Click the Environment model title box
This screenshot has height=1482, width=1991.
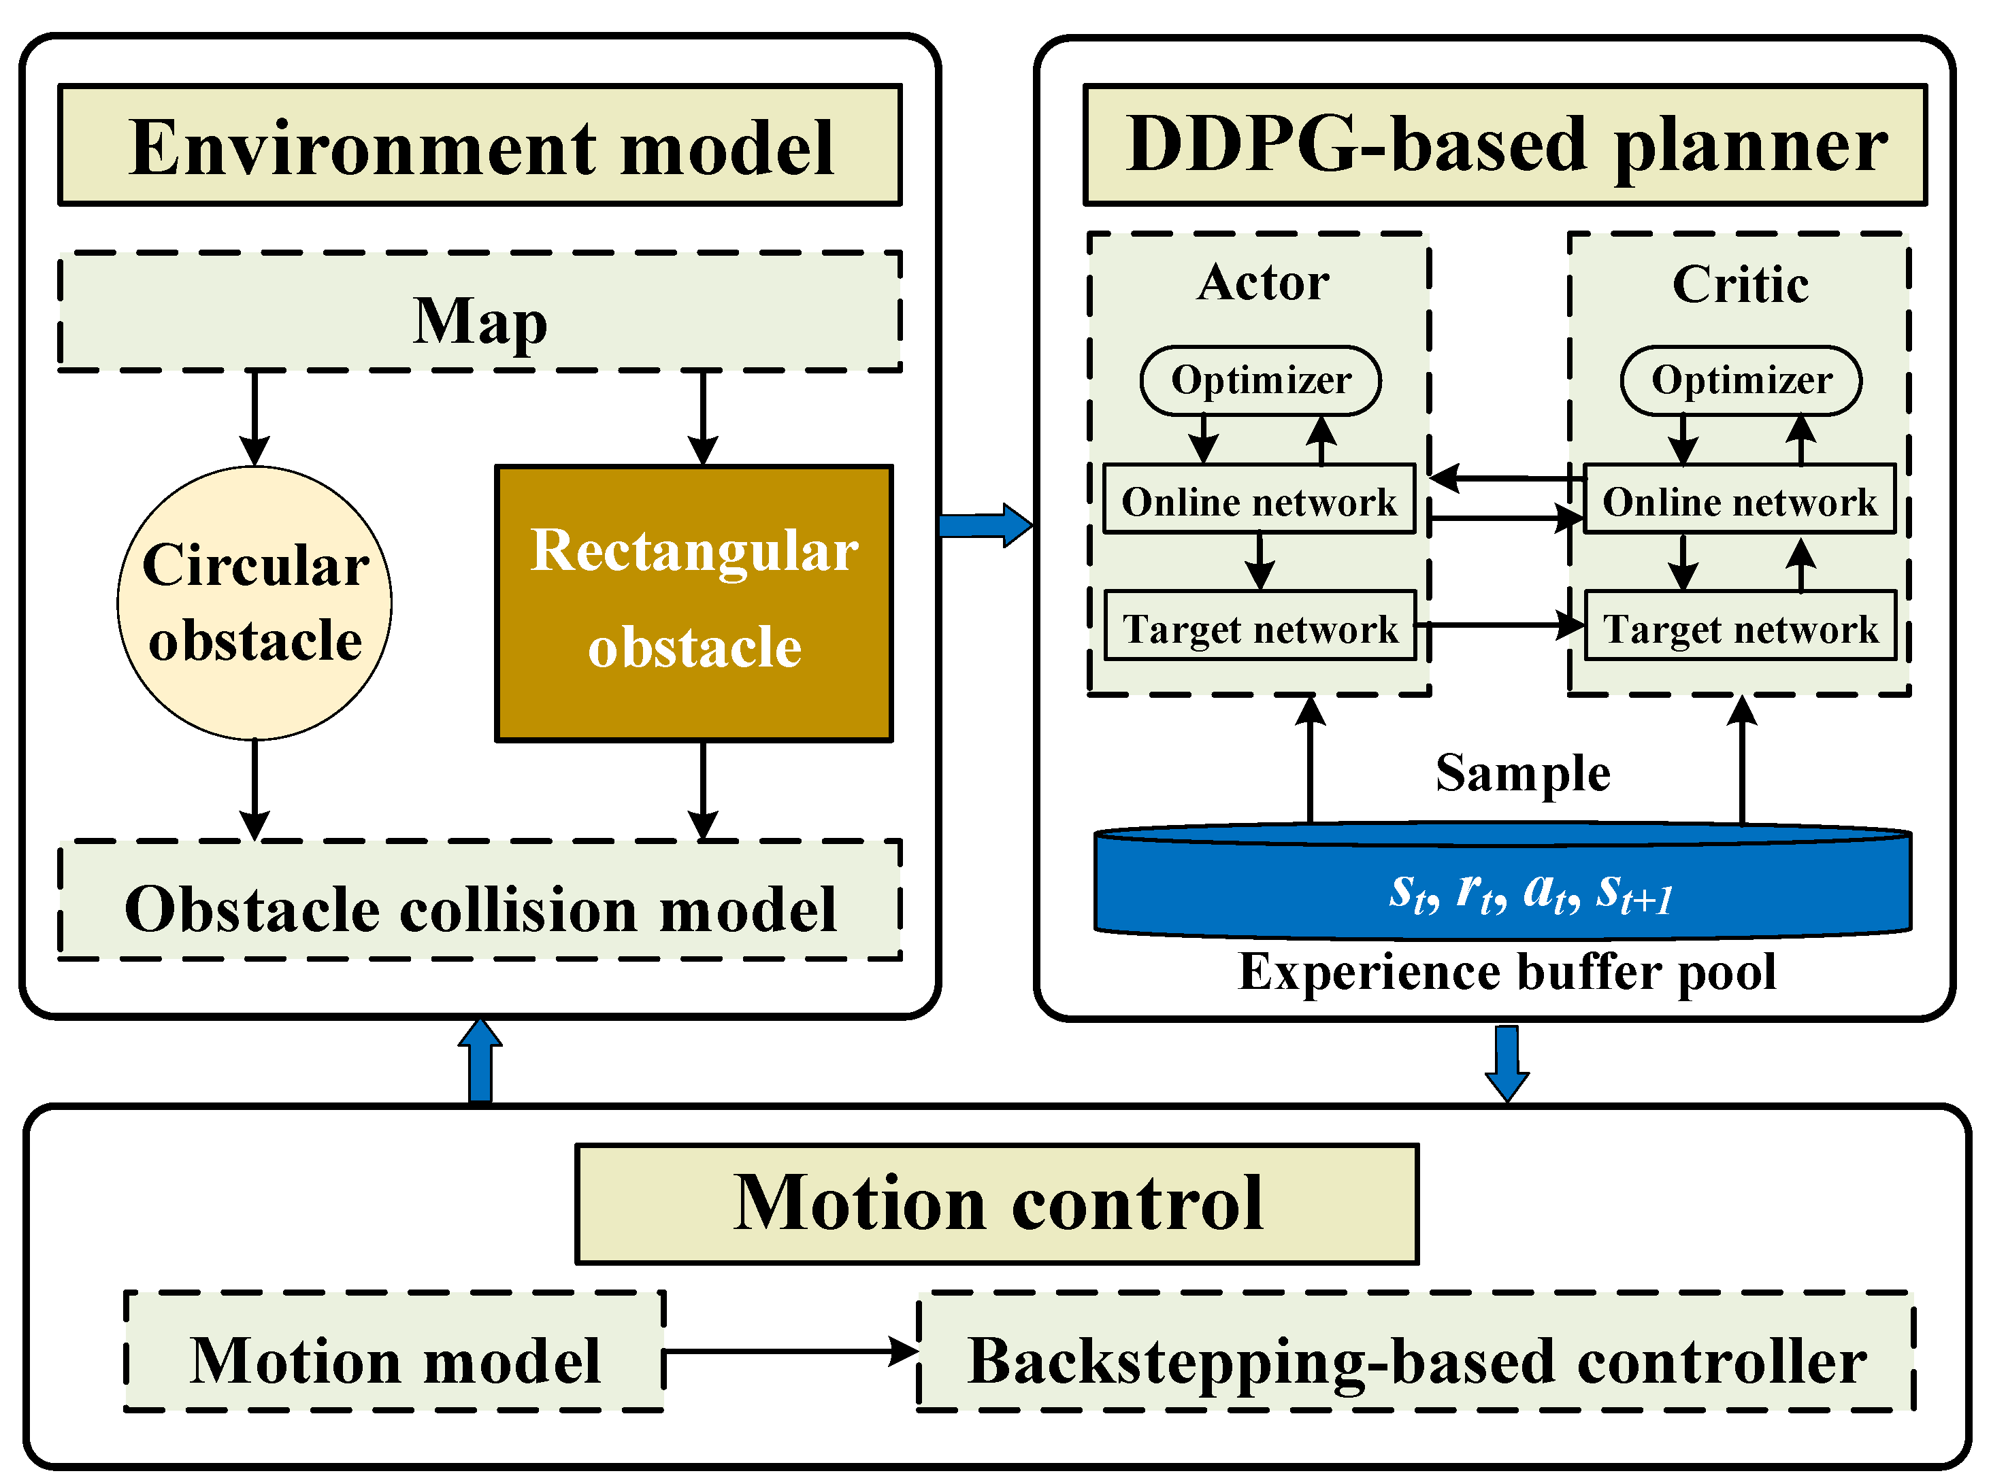480,146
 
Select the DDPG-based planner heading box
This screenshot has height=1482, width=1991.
1506,146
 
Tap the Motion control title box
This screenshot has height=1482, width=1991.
997,1204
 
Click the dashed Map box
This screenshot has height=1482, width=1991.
480,311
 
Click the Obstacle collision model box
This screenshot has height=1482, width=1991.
480,900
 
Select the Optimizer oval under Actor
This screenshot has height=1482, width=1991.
1261,380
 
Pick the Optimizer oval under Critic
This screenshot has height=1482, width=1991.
1741,380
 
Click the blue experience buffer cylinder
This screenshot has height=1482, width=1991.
1503,881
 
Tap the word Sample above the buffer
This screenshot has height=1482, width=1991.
1523,773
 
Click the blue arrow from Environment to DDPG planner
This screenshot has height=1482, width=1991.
986,525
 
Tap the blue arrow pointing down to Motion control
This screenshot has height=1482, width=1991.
1507,1064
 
